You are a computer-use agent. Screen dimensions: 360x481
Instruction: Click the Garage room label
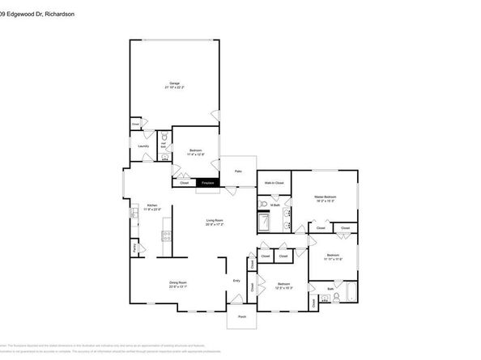pyautogui.click(x=174, y=83)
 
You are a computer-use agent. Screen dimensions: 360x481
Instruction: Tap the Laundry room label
pyautogui.click(x=143, y=146)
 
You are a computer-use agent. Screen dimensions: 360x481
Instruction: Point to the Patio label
pyautogui.click(x=239, y=172)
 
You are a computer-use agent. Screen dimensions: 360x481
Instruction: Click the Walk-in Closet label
pyautogui.click(x=274, y=183)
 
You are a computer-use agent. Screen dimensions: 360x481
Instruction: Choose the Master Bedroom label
pyautogui.click(x=326, y=197)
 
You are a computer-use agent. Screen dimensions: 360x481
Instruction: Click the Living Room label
pyautogui.click(x=215, y=220)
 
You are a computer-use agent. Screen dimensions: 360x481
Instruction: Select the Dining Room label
pyautogui.click(x=177, y=282)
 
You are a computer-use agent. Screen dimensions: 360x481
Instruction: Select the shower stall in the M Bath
pyautogui.click(x=264, y=222)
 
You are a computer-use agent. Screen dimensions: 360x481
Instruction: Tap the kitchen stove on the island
pyautogui.click(x=168, y=236)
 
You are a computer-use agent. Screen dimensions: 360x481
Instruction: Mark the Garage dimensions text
pyautogui.click(x=174, y=87)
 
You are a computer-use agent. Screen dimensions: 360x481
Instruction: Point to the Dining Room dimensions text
pyautogui.click(x=177, y=286)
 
